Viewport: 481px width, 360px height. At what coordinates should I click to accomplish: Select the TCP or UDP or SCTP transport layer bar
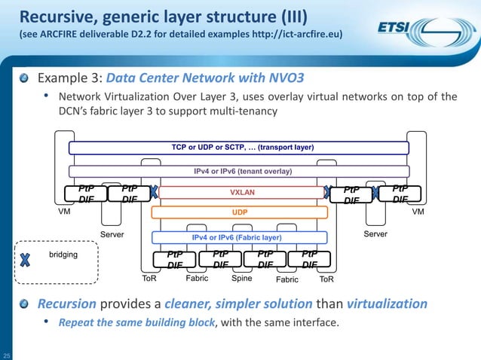[x=238, y=148]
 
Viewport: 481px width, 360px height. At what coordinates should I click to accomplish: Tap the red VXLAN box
[x=243, y=193]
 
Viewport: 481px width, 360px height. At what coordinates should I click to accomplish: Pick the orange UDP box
[x=243, y=213]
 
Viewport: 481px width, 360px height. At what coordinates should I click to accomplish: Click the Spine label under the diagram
[x=241, y=279]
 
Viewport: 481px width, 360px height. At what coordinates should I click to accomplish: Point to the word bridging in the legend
[x=63, y=255]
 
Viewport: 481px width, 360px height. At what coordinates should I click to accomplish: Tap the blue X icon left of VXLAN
[x=153, y=193]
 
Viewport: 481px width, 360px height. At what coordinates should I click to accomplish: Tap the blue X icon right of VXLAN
[x=328, y=193]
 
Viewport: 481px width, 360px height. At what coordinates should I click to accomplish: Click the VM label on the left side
[x=65, y=212]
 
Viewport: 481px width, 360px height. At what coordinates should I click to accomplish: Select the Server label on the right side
[x=375, y=235]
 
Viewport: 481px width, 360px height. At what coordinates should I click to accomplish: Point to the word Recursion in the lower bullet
[x=67, y=304]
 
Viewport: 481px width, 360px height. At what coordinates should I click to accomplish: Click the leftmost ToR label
[x=151, y=279]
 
